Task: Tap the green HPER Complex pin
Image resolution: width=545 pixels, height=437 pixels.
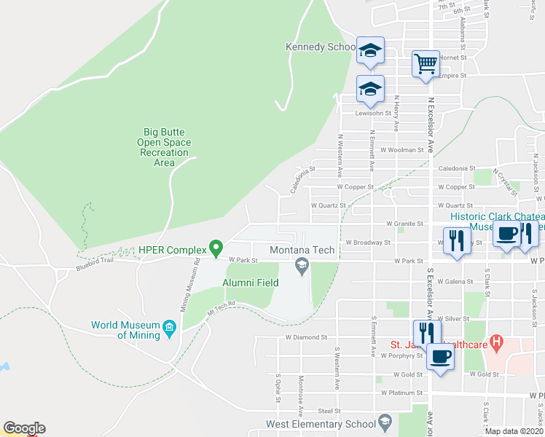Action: pyautogui.click(x=216, y=249)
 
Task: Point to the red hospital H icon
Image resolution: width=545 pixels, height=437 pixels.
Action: pyautogui.click(x=497, y=340)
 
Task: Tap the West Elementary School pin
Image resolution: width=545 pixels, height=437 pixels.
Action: pyautogui.click(x=385, y=422)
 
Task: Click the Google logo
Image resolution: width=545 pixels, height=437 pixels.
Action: pyautogui.click(x=24, y=428)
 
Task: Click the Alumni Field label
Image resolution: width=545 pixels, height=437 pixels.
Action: pyautogui.click(x=250, y=283)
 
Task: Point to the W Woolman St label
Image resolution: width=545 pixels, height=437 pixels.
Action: pyautogui.click(x=401, y=150)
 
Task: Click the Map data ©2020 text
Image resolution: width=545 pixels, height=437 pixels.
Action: pyautogui.click(x=514, y=431)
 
